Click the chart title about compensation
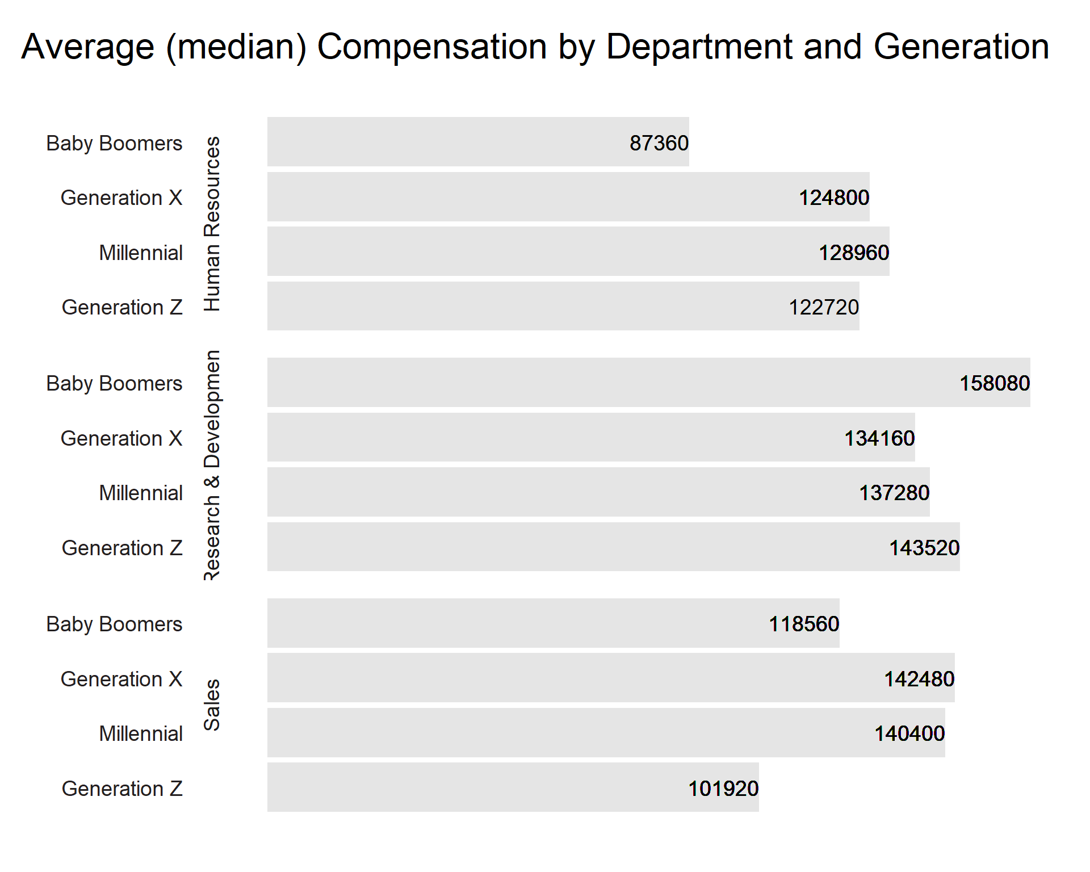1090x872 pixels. [x=535, y=47]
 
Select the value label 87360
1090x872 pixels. [x=659, y=143]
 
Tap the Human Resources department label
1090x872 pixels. [x=212, y=224]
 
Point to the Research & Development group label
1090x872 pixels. [x=212, y=465]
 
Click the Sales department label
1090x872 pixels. [x=212, y=705]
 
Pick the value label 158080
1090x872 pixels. [x=995, y=383]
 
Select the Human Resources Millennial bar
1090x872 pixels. [x=578, y=251]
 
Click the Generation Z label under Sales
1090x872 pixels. [x=122, y=789]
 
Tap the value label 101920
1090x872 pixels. [x=723, y=789]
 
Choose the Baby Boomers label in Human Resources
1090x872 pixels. [x=114, y=143]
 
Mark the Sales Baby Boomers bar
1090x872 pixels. [x=554, y=623]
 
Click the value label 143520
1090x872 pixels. [x=924, y=548]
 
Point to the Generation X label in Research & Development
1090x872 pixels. [x=121, y=438]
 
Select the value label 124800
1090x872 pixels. [x=834, y=198]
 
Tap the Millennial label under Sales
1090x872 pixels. [x=141, y=733]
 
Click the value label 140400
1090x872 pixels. [x=909, y=733]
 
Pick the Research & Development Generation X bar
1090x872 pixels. [x=591, y=437]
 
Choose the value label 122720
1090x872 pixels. [x=824, y=307]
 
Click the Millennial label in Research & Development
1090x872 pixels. [x=141, y=493]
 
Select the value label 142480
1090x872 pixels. [x=919, y=679]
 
